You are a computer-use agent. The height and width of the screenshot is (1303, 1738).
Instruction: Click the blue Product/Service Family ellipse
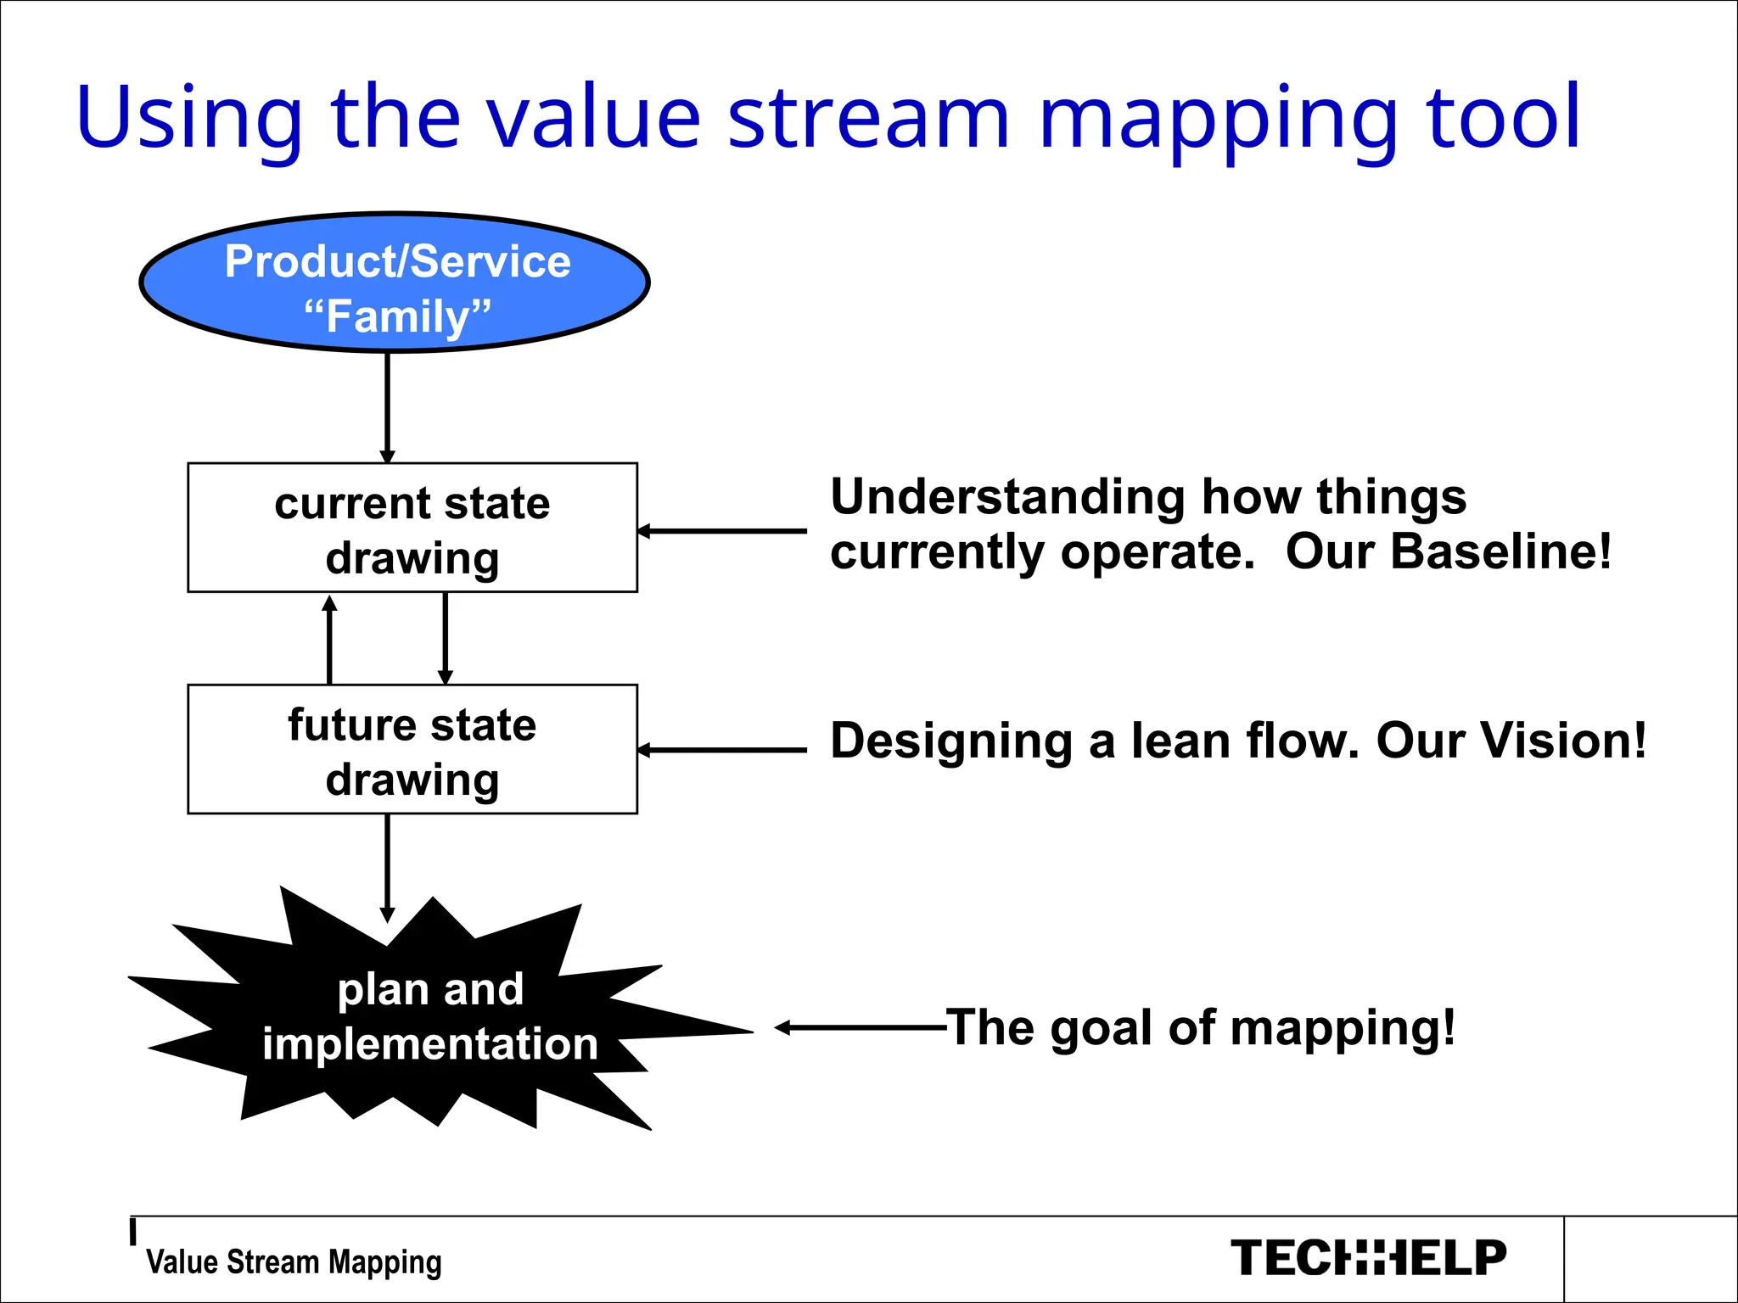pos(394,282)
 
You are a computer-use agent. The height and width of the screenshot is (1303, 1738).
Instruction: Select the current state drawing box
pos(412,528)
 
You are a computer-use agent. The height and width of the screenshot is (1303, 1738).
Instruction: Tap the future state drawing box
pos(412,749)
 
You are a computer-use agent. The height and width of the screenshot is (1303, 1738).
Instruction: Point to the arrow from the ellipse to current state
pos(387,407)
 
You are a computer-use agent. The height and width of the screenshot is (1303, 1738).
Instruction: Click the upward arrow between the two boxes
pos(330,640)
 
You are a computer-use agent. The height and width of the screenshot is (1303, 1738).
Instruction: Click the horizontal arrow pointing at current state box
pos(722,531)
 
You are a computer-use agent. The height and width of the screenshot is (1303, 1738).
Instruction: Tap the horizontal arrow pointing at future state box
pos(722,750)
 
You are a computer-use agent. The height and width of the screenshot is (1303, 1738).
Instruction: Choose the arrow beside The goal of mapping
pos(860,1027)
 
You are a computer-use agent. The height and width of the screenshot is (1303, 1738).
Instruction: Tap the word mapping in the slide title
pos(1219,119)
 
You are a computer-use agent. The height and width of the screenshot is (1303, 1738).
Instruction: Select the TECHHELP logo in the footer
pos(1368,1257)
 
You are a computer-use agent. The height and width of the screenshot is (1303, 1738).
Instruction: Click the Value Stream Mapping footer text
pos(294,1262)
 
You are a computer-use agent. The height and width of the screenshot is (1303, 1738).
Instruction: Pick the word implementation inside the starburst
pos(430,1043)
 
